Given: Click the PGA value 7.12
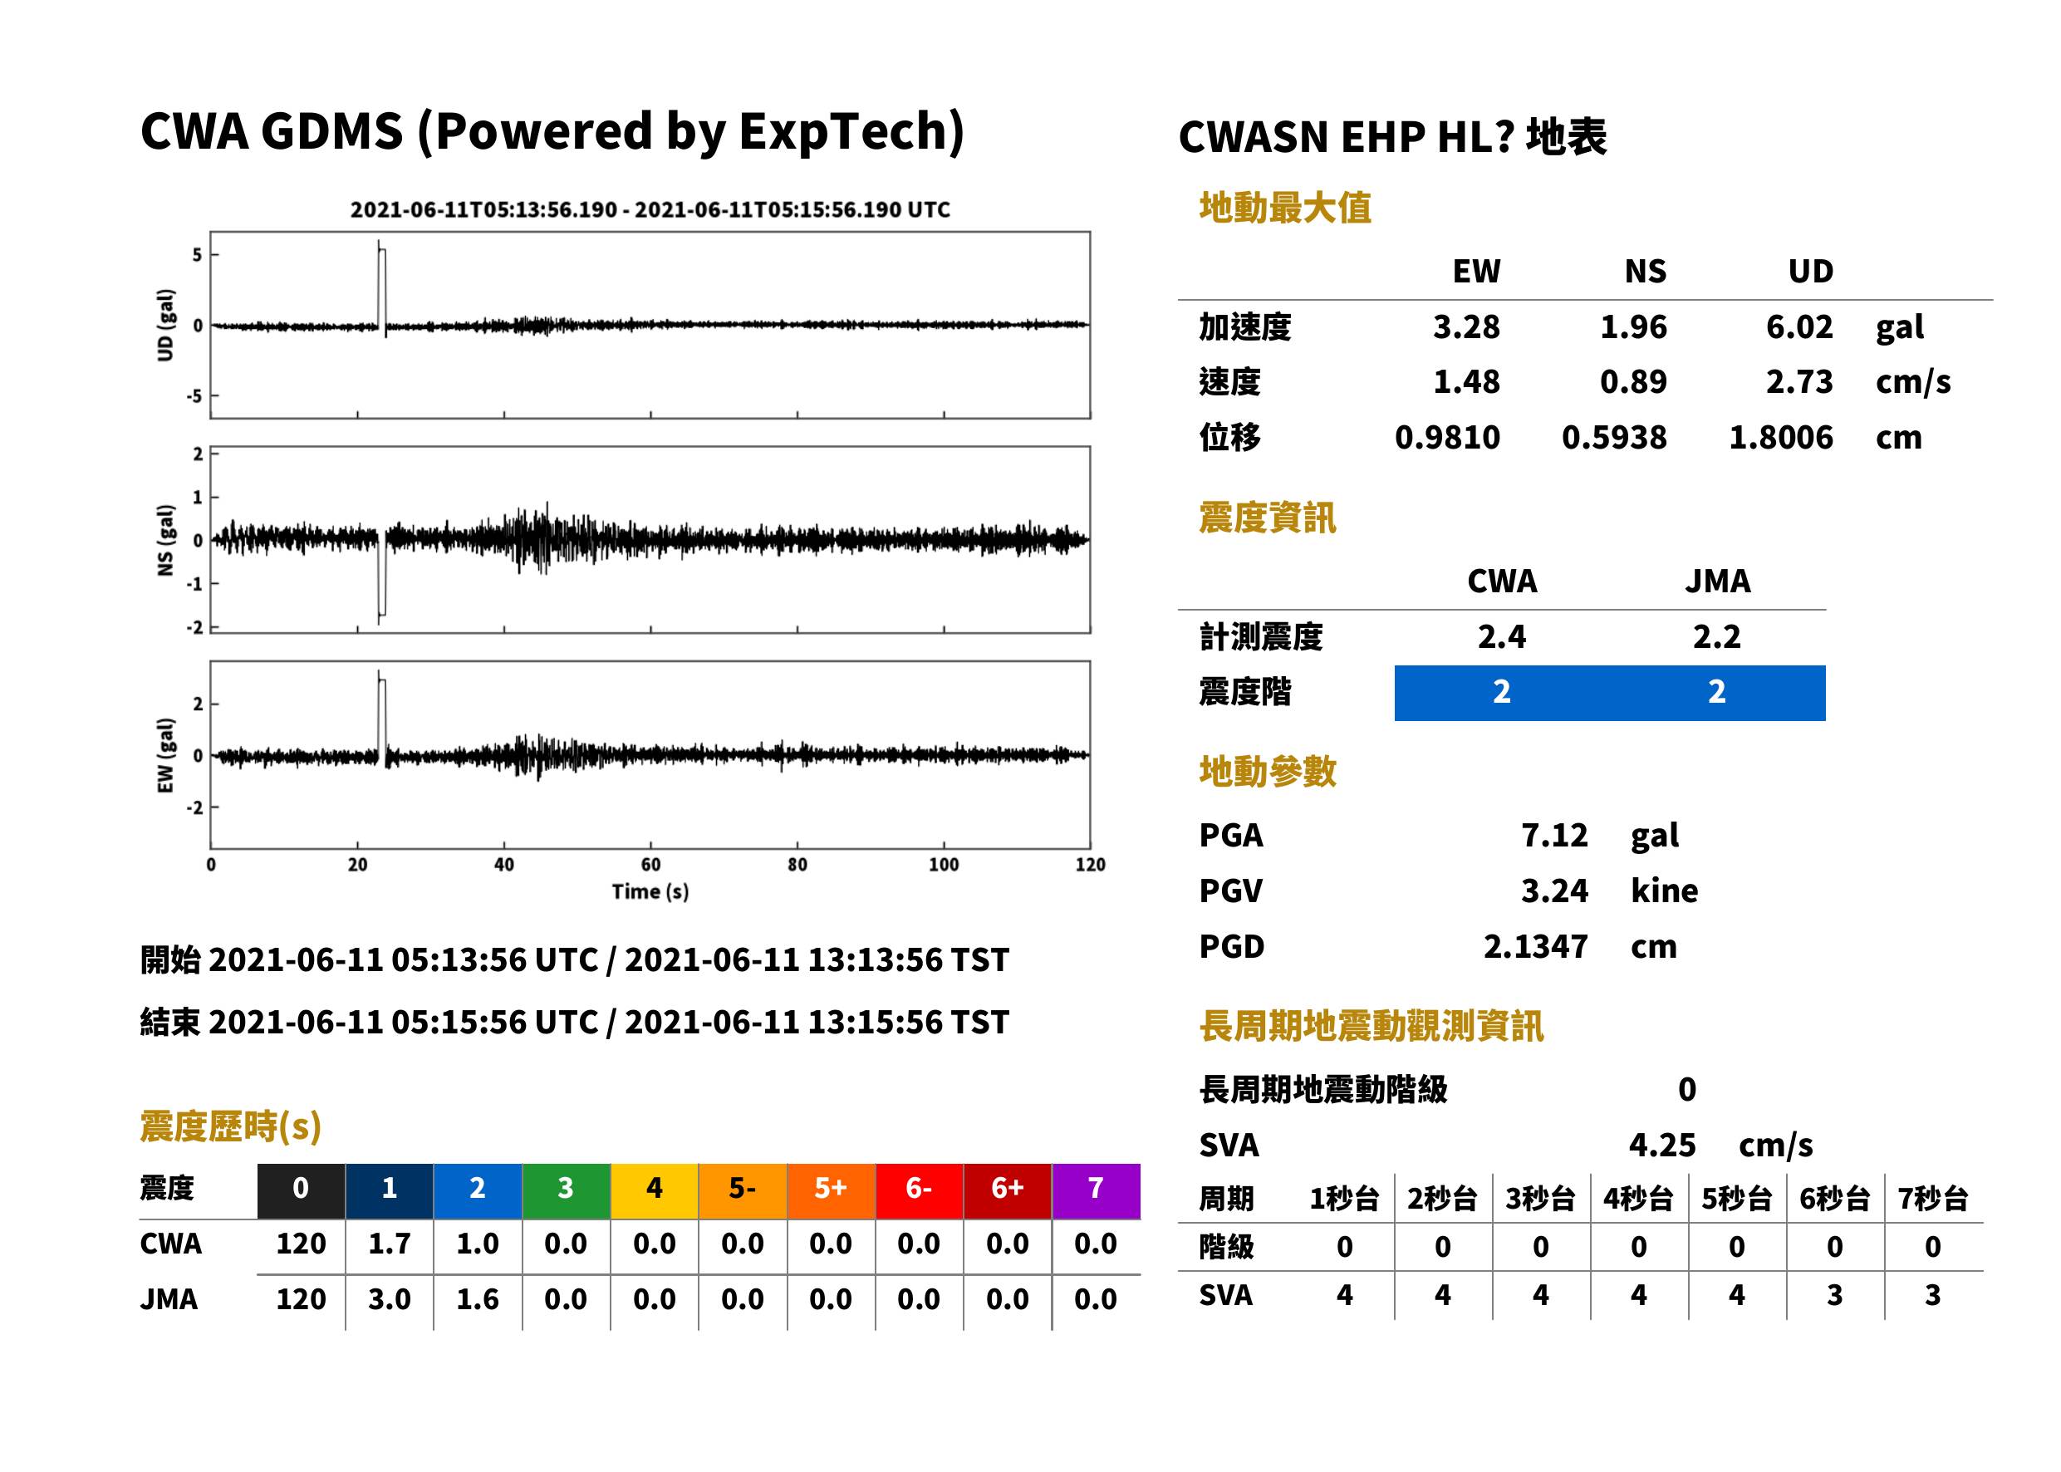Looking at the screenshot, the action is [1553, 835].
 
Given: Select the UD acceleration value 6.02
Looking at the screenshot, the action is [1799, 326].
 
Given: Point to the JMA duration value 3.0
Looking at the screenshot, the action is [389, 1299].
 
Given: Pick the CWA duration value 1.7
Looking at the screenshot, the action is [389, 1244].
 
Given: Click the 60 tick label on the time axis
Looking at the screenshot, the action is [650, 864].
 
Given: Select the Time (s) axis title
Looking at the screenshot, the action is [650, 892].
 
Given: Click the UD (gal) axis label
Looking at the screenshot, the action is [165, 325].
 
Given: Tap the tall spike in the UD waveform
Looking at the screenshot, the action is [380, 287].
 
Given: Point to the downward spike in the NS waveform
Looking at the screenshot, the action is [381, 576].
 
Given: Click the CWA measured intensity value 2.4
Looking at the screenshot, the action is [1501, 636].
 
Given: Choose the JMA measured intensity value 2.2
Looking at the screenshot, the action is [1716, 636].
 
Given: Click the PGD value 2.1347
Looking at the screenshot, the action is [1535, 946].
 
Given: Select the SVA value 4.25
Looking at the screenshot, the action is [1661, 1145].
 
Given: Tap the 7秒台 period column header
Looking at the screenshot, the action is [1933, 1198].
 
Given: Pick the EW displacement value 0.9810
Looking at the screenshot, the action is [1447, 437].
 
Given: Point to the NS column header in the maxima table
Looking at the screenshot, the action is [1645, 271].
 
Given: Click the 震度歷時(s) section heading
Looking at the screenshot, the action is [231, 1126].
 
